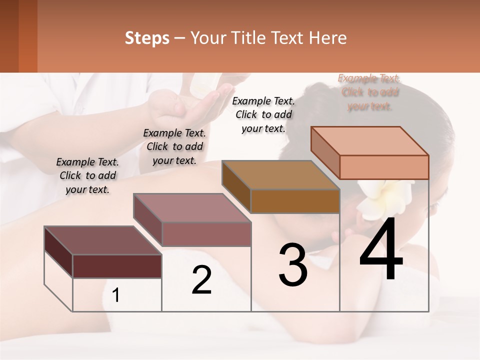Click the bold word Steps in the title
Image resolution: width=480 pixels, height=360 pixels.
[147, 38]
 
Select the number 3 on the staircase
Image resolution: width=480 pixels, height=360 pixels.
[292, 265]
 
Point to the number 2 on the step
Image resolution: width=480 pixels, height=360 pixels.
[201, 280]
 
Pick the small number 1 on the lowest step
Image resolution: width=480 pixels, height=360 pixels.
[116, 295]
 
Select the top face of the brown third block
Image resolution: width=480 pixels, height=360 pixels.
[280, 175]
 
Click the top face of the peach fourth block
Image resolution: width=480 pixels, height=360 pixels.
[370, 141]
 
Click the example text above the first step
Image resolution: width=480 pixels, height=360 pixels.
[87, 175]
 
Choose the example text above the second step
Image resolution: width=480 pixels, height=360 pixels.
[174, 146]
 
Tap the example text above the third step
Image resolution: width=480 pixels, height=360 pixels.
[263, 114]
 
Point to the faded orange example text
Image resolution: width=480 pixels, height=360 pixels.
[369, 92]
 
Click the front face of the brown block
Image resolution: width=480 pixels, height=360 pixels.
[295, 201]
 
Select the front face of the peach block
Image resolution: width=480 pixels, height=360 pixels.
[384, 167]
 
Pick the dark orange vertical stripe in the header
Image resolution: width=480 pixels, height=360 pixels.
[28, 36]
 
